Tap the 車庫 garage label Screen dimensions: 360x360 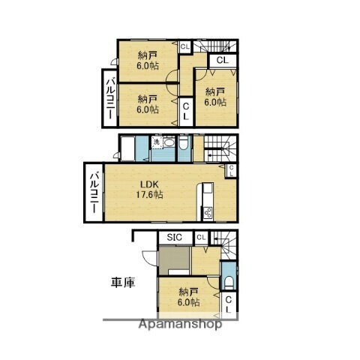point(123,283)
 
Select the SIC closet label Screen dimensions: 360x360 point(175,238)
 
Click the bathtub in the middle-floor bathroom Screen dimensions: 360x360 point(133,148)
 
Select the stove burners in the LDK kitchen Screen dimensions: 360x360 point(207,210)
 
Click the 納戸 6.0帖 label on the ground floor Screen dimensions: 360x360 point(188,297)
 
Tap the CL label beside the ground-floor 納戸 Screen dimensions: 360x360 point(229,304)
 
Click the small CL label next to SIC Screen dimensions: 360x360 point(200,238)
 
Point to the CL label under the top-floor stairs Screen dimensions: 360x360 point(222,60)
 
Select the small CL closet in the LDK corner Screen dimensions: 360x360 point(231,171)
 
